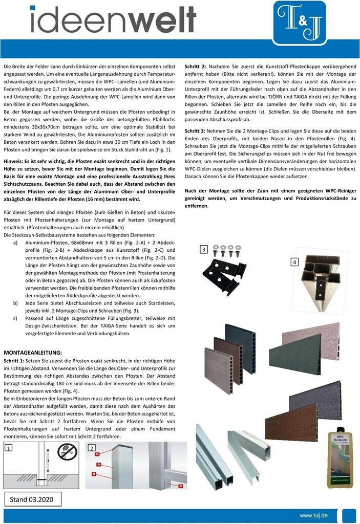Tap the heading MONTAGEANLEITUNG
[x=32, y=353]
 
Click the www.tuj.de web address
[x=313, y=515]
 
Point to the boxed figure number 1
[x=9, y=448]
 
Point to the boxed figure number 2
[x=91, y=448]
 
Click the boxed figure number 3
[x=203, y=249]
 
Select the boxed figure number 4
[x=294, y=262]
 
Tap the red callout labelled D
[x=181, y=485]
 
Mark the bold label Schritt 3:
[x=196, y=130]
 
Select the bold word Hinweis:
[x=16, y=161]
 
